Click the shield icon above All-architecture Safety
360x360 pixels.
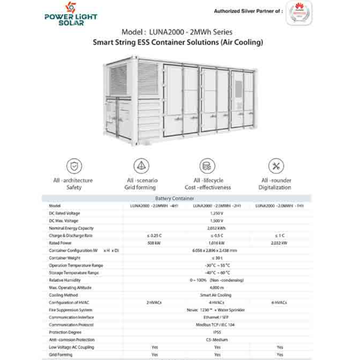point(74,165)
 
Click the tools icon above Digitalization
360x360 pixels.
point(275,165)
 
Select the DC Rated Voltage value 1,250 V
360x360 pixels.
point(217,213)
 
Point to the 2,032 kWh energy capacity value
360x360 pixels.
point(217,228)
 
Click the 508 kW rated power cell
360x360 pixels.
point(154,242)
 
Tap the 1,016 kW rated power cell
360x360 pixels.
point(217,242)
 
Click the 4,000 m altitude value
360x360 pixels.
point(217,287)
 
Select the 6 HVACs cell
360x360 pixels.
point(280,302)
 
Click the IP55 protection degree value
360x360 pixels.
point(217,332)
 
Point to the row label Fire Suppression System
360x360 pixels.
point(71,310)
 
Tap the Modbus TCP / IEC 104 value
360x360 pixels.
point(217,325)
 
